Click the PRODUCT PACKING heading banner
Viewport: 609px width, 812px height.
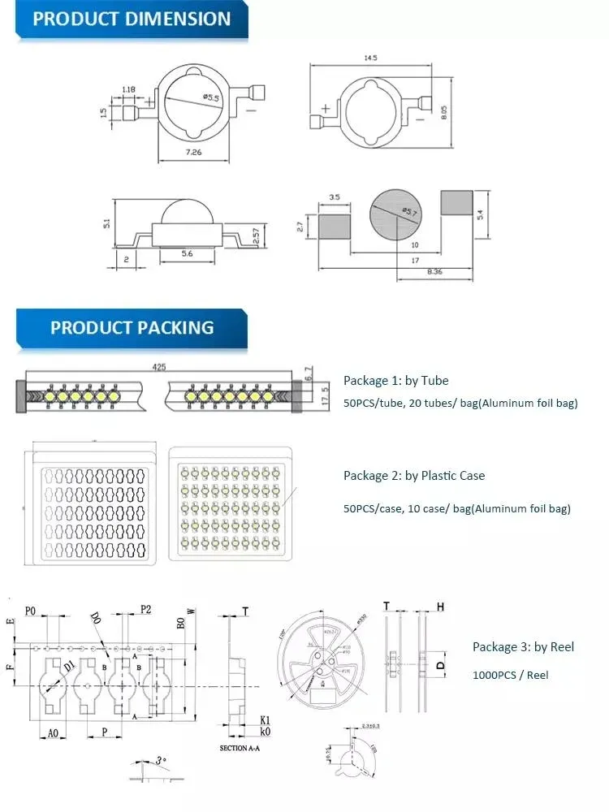(x=132, y=327)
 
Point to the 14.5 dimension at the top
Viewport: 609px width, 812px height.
(x=370, y=58)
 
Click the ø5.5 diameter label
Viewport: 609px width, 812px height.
(x=211, y=98)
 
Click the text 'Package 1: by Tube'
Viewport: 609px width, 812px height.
(x=395, y=380)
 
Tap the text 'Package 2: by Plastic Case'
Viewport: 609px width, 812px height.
(x=414, y=475)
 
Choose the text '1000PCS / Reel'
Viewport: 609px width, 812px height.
(x=510, y=675)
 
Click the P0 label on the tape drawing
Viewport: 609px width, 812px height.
(x=31, y=611)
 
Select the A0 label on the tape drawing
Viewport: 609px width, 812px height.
(x=53, y=733)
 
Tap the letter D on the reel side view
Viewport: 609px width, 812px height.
(x=440, y=665)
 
